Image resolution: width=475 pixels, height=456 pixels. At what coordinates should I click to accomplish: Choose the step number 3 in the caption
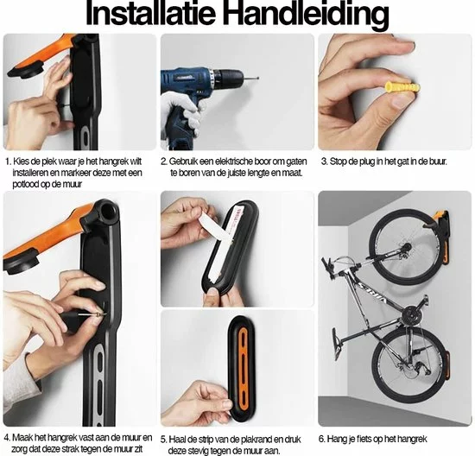(324, 161)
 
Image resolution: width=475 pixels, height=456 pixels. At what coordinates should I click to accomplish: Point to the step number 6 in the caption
(323, 437)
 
